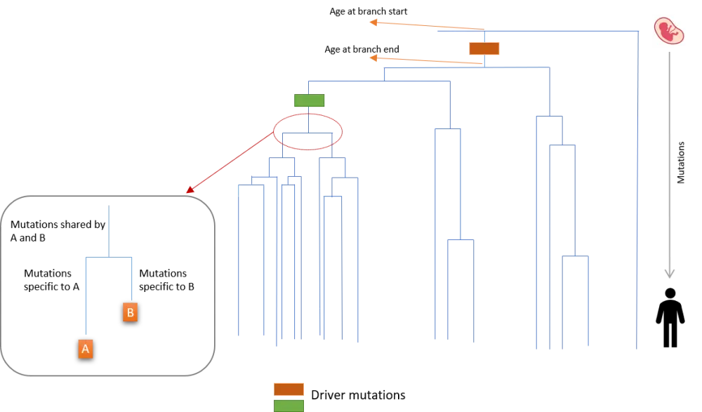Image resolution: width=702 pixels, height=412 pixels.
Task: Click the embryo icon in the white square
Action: pyautogui.click(x=670, y=30)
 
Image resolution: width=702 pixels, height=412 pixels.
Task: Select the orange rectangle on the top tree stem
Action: pyautogui.click(x=484, y=48)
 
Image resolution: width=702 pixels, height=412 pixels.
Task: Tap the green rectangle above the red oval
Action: pyautogui.click(x=309, y=100)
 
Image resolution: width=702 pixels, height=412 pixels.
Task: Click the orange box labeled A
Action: pyautogui.click(x=86, y=349)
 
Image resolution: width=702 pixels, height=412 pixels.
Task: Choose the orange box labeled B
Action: pyautogui.click(x=130, y=312)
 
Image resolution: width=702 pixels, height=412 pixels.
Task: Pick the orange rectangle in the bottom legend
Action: pyautogui.click(x=289, y=389)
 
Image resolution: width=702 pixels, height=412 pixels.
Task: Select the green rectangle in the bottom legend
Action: pyautogui.click(x=289, y=406)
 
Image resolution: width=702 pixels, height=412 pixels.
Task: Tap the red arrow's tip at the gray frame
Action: pyautogui.click(x=190, y=190)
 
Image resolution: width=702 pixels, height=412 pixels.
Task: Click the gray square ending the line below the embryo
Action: pyautogui.click(x=670, y=271)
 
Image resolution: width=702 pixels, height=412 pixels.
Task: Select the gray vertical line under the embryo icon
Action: pyautogui.click(x=671, y=154)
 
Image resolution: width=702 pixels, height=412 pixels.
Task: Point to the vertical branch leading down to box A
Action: pyautogui.click(x=86, y=295)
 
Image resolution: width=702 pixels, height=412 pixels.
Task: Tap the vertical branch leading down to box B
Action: pyautogui.click(x=131, y=277)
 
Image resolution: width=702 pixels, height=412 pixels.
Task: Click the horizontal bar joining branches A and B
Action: pyautogui.click(x=109, y=255)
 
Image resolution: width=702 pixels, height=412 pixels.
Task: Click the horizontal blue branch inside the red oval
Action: pyautogui.click(x=307, y=131)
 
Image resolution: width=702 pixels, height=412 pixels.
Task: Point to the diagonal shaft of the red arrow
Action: pyautogui.click(x=232, y=161)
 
